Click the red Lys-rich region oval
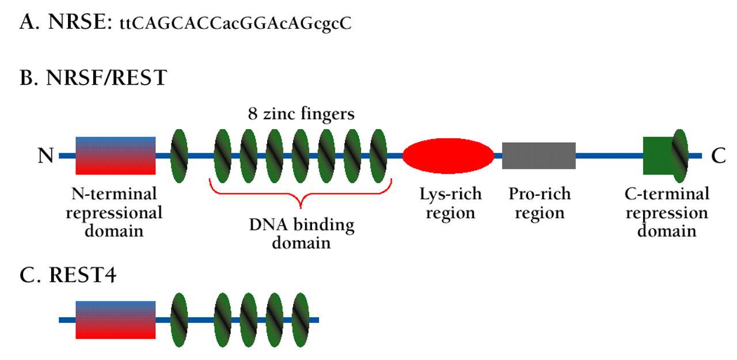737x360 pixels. point(447,156)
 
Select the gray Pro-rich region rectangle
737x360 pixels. point(538,156)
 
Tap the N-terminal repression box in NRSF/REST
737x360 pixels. point(115,156)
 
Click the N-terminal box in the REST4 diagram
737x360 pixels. point(115,320)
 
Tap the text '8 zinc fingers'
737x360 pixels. point(301,114)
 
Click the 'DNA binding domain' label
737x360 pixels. point(301,233)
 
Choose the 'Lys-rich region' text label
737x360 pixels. point(450,203)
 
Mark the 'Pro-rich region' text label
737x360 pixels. point(540,203)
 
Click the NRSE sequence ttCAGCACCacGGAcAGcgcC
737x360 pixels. point(235,24)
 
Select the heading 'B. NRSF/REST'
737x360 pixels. point(93,78)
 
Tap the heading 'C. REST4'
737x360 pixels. point(68,276)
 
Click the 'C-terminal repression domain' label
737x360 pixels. point(667,213)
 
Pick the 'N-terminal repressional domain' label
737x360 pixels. point(114,213)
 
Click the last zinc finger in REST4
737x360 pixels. point(301,320)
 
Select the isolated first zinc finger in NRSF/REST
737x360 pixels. point(180,156)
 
